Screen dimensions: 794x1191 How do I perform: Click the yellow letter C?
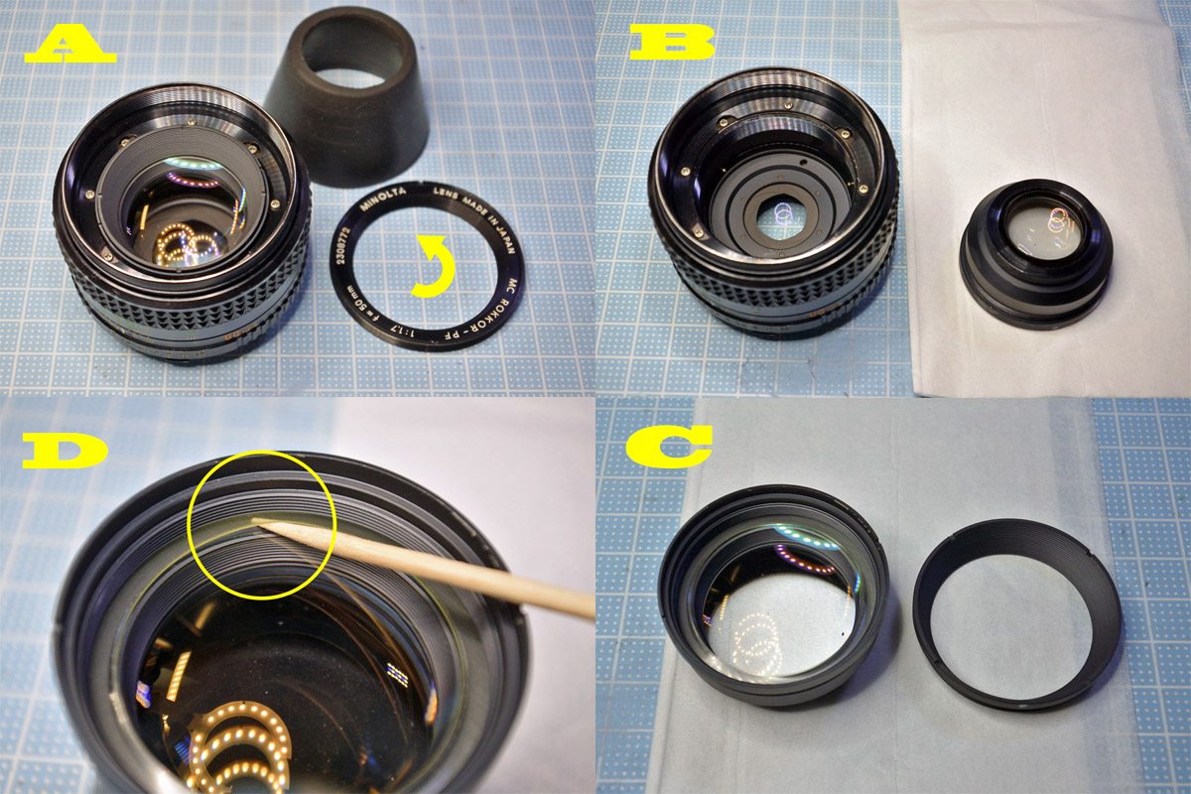click(668, 446)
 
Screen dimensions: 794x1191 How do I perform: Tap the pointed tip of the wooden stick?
click(256, 519)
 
